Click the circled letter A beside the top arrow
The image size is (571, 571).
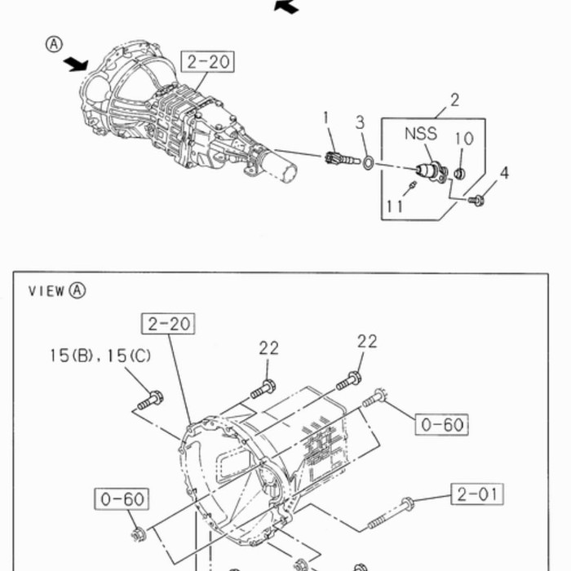pyautogui.click(x=54, y=44)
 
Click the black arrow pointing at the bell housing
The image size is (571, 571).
pyautogui.click(x=76, y=64)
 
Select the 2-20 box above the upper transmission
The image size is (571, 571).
pyautogui.click(x=207, y=61)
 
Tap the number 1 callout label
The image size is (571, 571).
pyautogui.click(x=325, y=117)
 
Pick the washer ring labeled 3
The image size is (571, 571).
pyautogui.click(x=368, y=162)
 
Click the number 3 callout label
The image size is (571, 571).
pyautogui.click(x=360, y=122)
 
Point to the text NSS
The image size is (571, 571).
pyautogui.click(x=421, y=134)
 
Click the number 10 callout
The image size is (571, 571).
pyautogui.click(x=464, y=139)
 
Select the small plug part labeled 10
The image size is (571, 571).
pyautogui.click(x=459, y=173)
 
